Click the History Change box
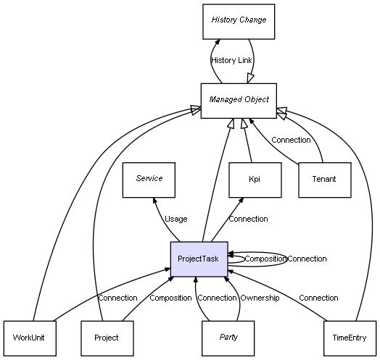coord(239,22)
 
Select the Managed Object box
coord(239,101)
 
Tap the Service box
coord(149,180)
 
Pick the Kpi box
coord(255,180)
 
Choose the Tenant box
coord(325,180)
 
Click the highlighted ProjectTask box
coord(199,259)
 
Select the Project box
coord(107,338)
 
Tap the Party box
coord(228,338)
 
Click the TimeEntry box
coord(350,338)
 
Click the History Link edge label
coord(231,60)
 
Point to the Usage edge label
coord(176,219)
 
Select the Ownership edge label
coord(260,298)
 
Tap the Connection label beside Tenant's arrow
coord(291,140)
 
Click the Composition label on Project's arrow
coord(170,298)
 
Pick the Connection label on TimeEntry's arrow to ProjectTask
coord(318,298)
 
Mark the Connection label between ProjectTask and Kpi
coord(249,219)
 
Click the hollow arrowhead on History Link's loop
coord(250,79)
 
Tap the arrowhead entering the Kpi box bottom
coord(241,201)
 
